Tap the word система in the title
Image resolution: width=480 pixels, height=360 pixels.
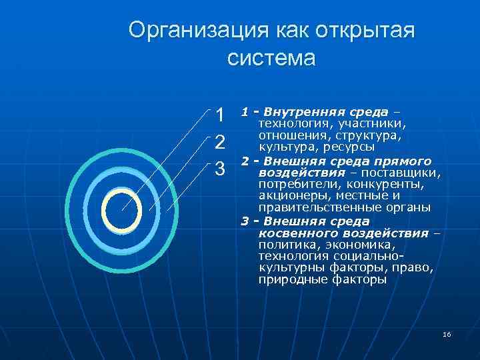271,58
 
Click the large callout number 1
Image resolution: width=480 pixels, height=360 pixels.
221,115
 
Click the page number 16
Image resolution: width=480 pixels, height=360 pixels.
447,333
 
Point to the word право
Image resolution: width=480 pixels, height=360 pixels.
417,268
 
